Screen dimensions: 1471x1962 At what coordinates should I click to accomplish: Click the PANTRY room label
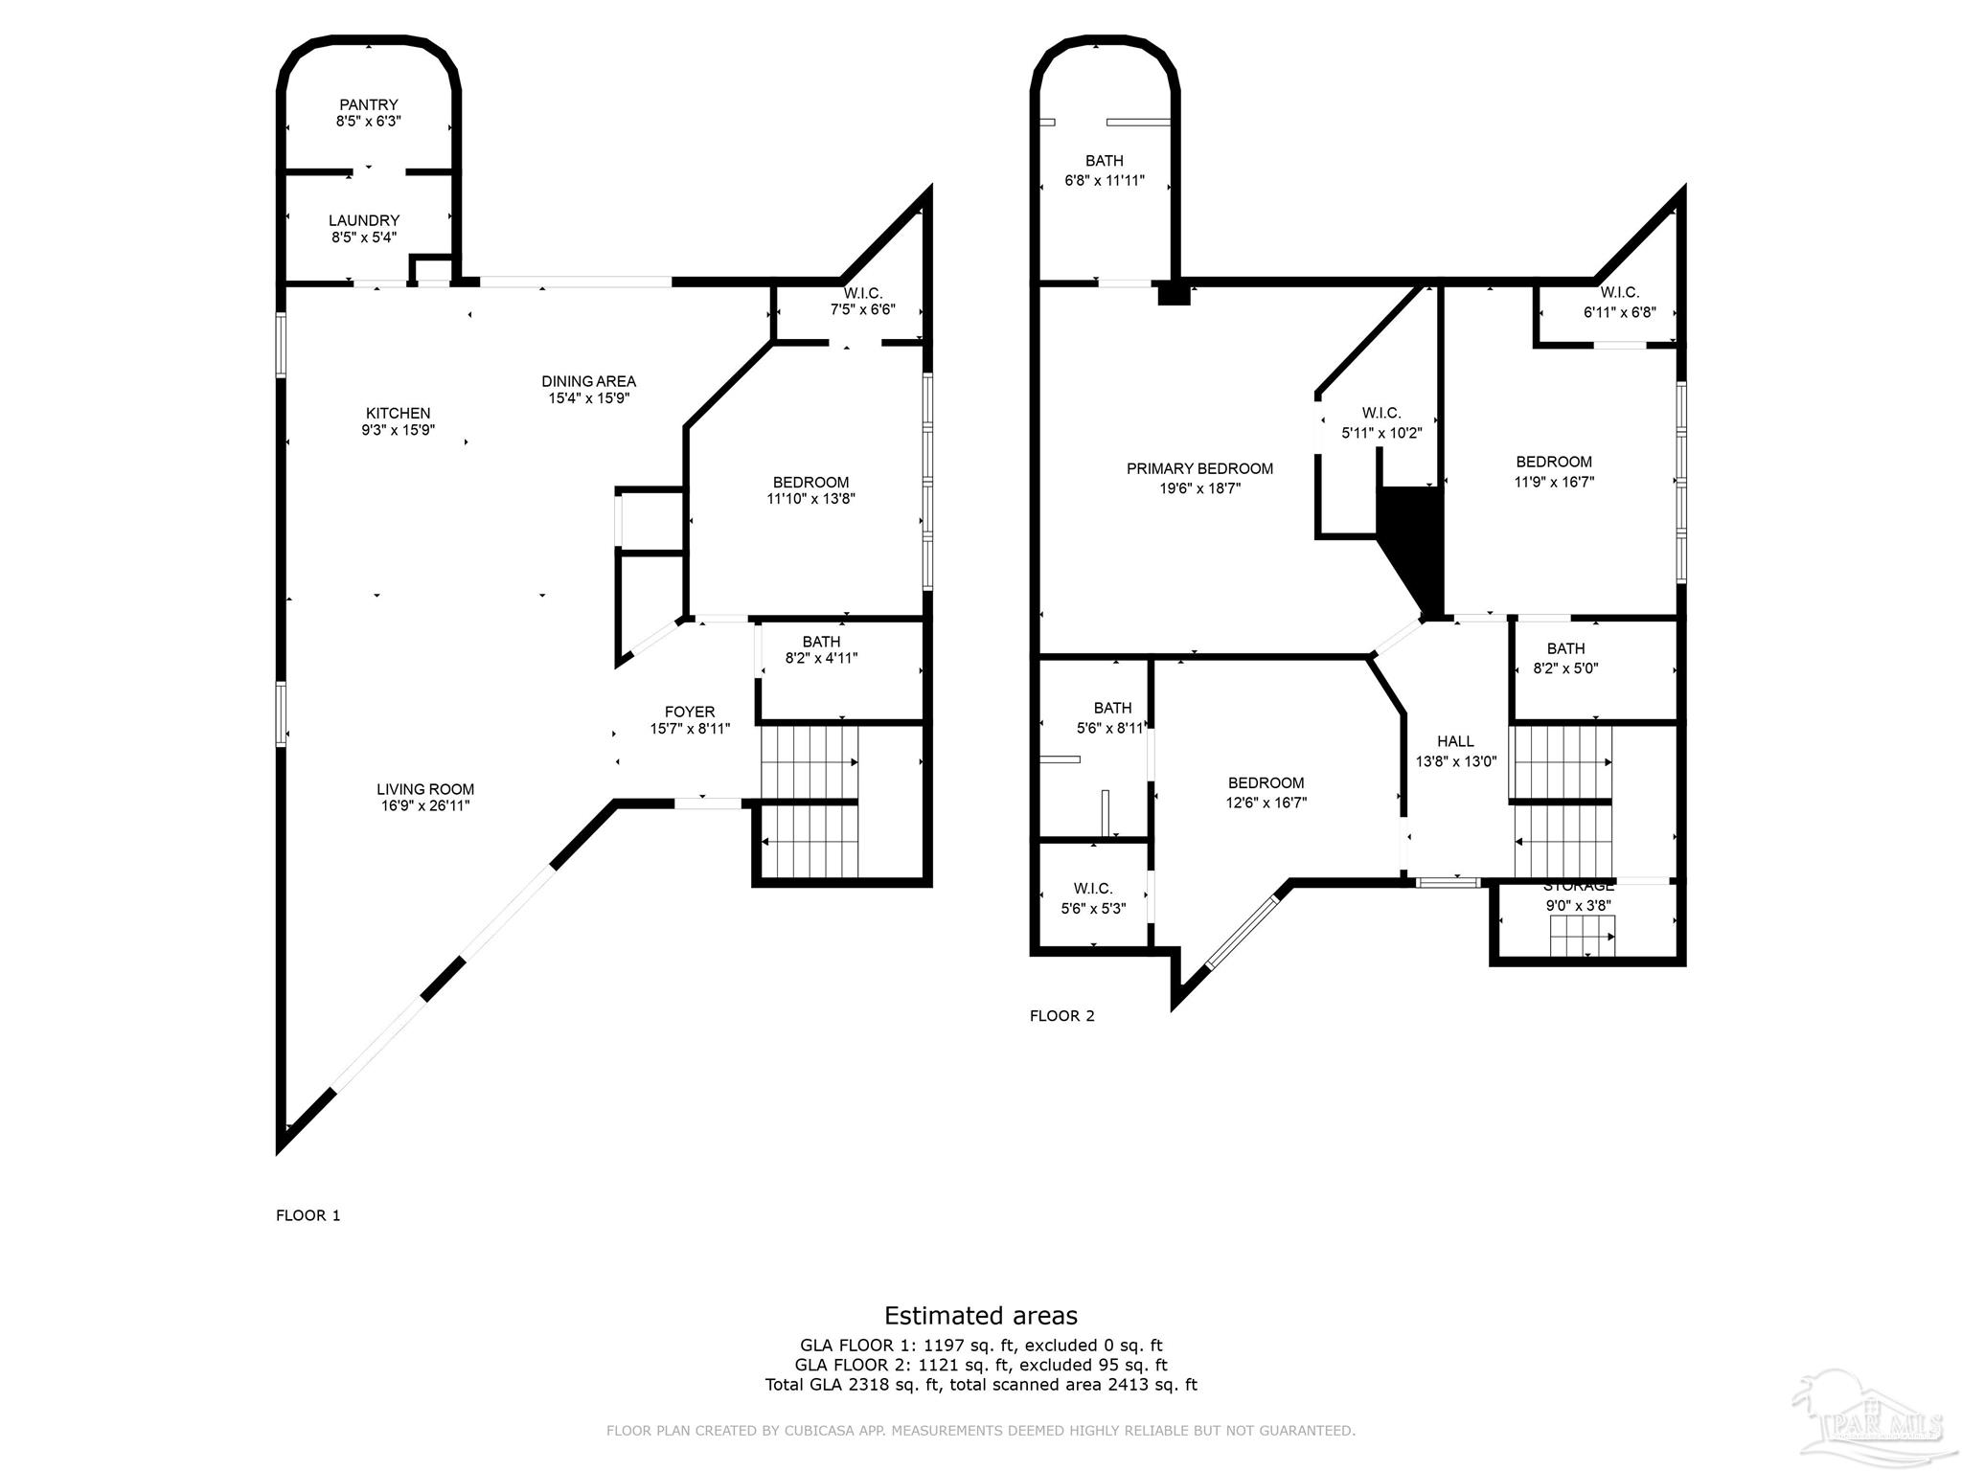pyautogui.click(x=368, y=104)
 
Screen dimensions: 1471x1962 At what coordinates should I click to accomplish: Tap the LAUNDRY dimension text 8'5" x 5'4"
pyautogui.click(x=364, y=238)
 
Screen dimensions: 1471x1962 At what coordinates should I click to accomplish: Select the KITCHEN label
pyautogui.click(x=398, y=414)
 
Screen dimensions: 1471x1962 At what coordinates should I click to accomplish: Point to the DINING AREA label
pyautogui.click(x=588, y=381)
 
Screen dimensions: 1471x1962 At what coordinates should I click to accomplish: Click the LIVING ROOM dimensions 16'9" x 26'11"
pyautogui.click(x=424, y=806)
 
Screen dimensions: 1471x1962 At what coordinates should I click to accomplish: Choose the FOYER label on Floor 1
pyautogui.click(x=690, y=712)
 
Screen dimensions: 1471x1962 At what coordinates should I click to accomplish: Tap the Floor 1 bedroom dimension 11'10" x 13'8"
pyautogui.click(x=810, y=499)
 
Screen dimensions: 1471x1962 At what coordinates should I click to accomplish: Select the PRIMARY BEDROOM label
pyautogui.click(x=1199, y=468)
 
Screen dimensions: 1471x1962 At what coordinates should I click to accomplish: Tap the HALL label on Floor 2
pyautogui.click(x=1455, y=741)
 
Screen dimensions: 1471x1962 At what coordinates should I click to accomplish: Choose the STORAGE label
pyautogui.click(x=1578, y=887)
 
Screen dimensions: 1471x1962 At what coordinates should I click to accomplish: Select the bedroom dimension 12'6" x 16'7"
pyautogui.click(x=1266, y=803)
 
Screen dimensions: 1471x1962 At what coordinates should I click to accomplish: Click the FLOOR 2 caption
pyautogui.click(x=1061, y=1016)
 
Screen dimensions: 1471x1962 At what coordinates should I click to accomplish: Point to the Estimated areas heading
pyautogui.click(x=980, y=1315)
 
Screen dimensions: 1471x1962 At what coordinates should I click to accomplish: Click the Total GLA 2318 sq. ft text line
pyautogui.click(x=980, y=1385)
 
